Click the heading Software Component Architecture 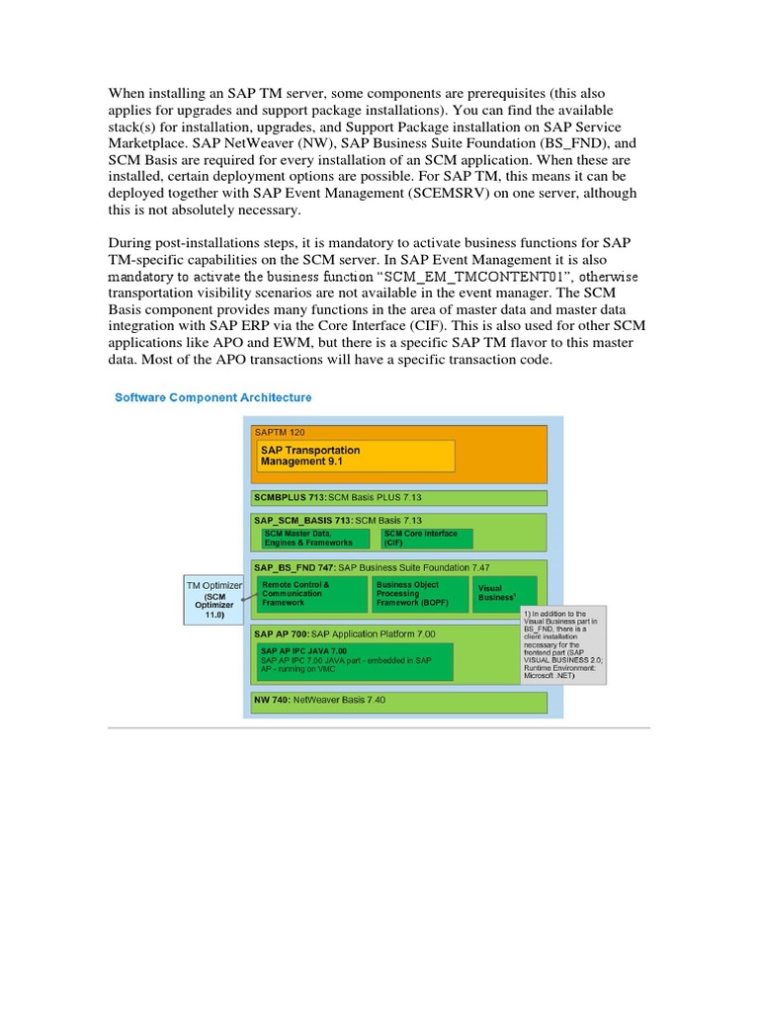click(x=212, y=397)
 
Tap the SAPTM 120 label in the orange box click(x=281, y=433)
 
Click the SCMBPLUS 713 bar click(x=399, y=497)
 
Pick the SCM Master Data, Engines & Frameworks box click(x=314, y=539)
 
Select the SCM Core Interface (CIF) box click(x=426, y=539)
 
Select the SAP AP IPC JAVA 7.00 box click(x=354, y=661)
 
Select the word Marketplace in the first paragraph click(x=153, y=143)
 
